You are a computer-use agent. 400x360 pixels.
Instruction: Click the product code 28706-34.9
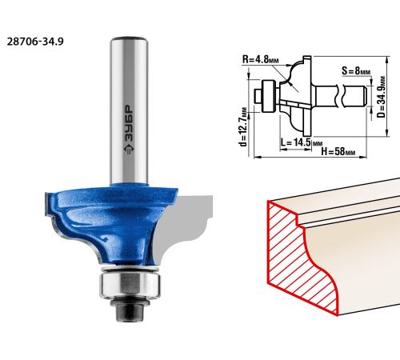(x=35, y=42)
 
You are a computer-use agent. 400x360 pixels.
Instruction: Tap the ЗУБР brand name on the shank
(x=129, y=124)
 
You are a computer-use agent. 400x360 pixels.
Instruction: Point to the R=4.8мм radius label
(x=260, y=59)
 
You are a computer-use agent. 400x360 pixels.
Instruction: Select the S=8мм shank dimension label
(x=356, y=71)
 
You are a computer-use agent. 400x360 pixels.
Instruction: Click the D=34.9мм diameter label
(x=382, y=98)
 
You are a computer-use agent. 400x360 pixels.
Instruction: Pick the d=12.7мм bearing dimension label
(x=243, y=127)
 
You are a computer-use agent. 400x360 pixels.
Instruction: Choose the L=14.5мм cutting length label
(x=302, y=142)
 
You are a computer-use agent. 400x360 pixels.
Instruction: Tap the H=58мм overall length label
(x=338, y=151)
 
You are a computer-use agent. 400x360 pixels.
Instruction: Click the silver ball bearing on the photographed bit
(x=130, y=284)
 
